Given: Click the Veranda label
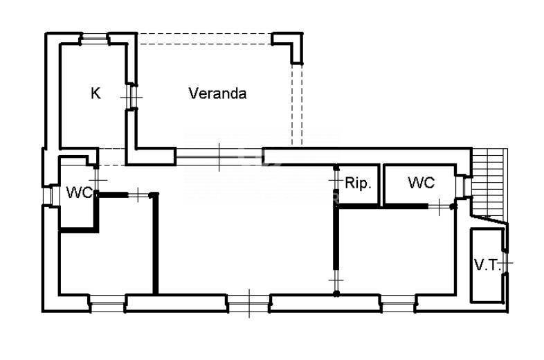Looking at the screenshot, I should pyautogui.click(x=217, y=93).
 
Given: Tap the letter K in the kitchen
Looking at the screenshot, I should pyautogui.click(x=96, y=93).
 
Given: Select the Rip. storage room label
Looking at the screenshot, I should pyautogui.click(x=359, y=183).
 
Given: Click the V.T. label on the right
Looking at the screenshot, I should pyautogui.click(x=487, y=264).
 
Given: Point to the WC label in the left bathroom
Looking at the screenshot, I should pyautogui.click(x=79, y=192).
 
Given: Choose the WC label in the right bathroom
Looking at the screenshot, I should pyautogui.click(x=421, y=183).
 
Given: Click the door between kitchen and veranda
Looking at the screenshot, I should pyautogui.click(x=129, y=97).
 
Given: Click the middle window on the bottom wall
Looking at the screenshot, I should pyautogui.click(x=248, y=303).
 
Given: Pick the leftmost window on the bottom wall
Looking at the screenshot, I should pyautogui.click(x=107, y=303).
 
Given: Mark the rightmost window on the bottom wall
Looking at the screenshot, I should pyautogui.click(x=399, y=303).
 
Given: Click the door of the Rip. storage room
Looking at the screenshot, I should pyautogui.click(x=336, y=184).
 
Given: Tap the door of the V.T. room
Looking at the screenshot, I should pyautogui.click(x=506, y=264).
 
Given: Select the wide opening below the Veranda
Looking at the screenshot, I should pyautogui.click(x=219, y=157).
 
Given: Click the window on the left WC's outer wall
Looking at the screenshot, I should pyautogui.click(x=48, y=195).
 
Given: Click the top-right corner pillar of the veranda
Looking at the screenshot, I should pyautogui.click(x=290, y=44).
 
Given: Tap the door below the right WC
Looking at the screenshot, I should pyautogui.click(x=440, y=205).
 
